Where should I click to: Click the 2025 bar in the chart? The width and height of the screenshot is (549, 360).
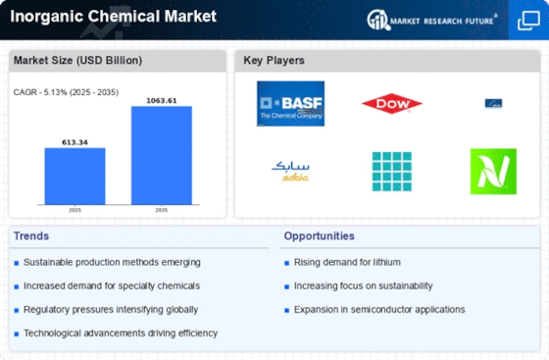74,176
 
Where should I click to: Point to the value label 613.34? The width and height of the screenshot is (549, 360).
74,141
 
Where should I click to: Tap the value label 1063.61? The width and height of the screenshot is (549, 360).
162,99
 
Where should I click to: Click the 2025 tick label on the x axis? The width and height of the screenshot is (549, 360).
74,210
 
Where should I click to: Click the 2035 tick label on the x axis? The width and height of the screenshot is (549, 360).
162,210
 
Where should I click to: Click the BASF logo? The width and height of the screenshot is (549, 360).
290,103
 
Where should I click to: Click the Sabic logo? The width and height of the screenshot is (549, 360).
290,171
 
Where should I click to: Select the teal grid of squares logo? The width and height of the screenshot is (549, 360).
391,171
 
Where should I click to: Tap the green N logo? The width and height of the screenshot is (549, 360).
492,171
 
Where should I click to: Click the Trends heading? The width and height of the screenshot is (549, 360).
33,236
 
